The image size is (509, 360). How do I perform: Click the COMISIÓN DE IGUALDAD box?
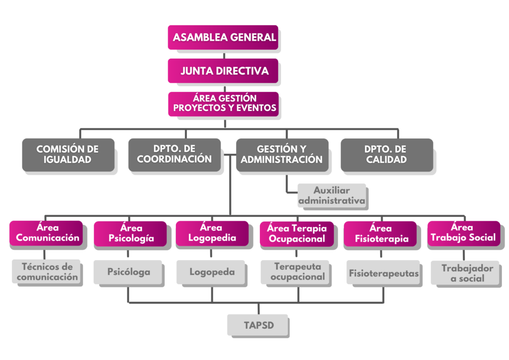[x=68, y=154]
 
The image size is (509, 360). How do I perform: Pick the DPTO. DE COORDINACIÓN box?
[x=174, y=154]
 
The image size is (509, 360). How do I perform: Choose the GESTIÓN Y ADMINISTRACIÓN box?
[x=282, y=154]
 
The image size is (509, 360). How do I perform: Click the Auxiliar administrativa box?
[x=332, y=196]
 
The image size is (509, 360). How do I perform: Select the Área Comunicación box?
[x=46, y=233]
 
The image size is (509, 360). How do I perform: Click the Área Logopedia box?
[x=211, y=233]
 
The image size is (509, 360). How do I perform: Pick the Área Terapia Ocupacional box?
[x=297, y=234]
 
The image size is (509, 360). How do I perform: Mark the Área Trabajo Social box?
[x=463, y=233]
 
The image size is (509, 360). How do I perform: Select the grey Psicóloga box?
[x=129, y=272]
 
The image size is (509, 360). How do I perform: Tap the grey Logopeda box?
[x=212, y=272]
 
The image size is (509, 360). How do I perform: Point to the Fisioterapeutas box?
[x=383, y=273]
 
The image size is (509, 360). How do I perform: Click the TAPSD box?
[x=258, y=326]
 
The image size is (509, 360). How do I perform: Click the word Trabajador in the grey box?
[x=467, y=269]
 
